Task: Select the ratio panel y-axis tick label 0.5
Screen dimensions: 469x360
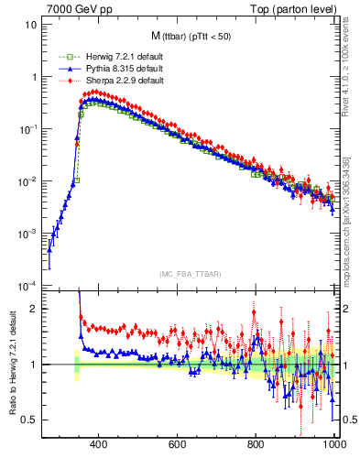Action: (30, 420)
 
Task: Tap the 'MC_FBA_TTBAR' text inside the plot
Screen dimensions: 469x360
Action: (190, 274)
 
